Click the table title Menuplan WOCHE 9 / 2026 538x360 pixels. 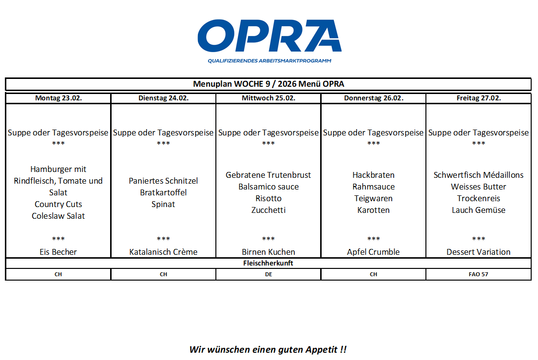(x=269, y=84)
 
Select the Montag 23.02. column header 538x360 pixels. (x=58, y=98)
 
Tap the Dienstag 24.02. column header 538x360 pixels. (x=163, y=98)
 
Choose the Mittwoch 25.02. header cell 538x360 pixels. (x=269, y=98)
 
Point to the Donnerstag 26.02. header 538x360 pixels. (x=373, y=98)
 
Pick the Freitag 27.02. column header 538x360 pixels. (x=479, y=98)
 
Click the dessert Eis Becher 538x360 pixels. (x=58, y=252)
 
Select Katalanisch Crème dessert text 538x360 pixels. (x=163, y=252)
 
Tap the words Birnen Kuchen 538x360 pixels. (x=269, y=252)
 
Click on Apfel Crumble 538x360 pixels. (x=373, y=252)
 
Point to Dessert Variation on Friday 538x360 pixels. (x=479, y=252)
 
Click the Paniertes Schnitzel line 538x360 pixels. (x=163, y=181)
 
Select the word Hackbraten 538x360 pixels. (x=373, y=175)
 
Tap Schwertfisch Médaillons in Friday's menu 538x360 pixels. (x=479, y=175)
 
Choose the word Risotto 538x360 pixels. (x=269, y=198)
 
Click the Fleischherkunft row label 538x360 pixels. (x=269, y=263)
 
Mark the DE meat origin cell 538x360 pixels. (x=269, y=274)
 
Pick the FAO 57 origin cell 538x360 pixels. (x=479, y=274)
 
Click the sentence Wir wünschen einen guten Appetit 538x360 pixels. (x=268, y=349)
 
